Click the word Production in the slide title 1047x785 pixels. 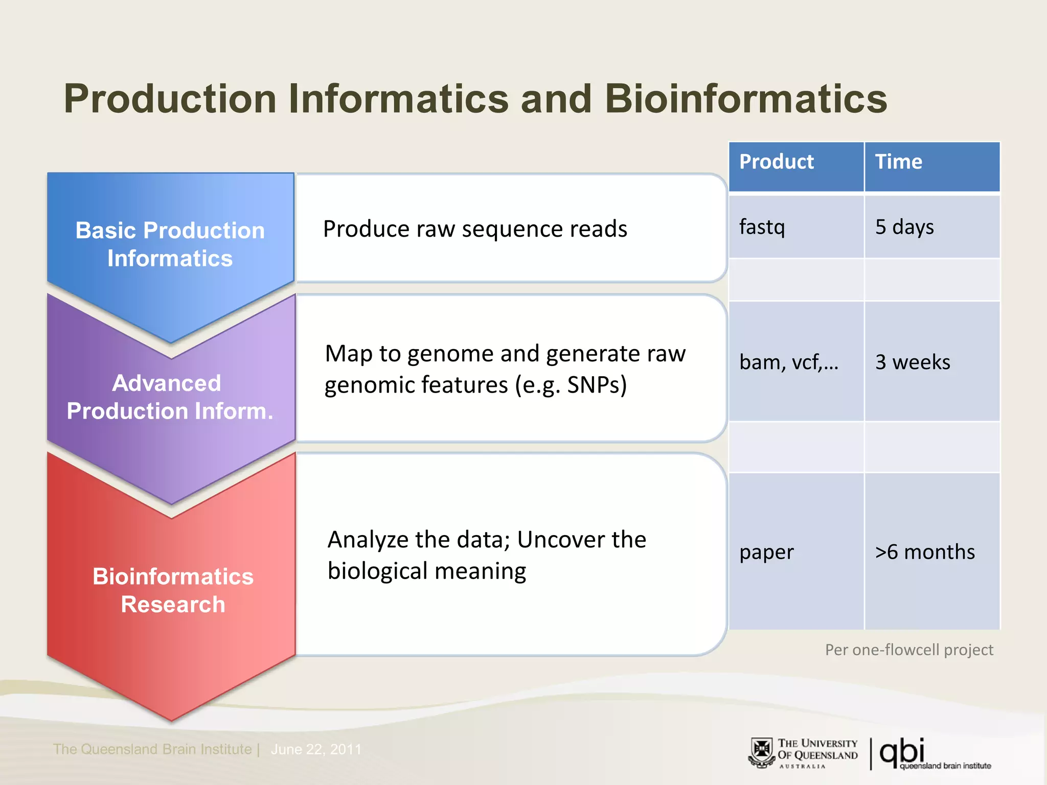(170, 99)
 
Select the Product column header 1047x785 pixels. (776, 162)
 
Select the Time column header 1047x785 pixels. (898, 162)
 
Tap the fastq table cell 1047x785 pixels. (762, 227)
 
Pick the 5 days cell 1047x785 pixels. (904, 227)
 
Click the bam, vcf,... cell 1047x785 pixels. (788, 362)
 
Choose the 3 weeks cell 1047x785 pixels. (912, 362)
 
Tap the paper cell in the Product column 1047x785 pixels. (766, 552)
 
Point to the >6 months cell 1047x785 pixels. (924, 552)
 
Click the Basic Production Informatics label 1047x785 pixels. (170, 244)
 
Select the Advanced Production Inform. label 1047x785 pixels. (170, 397)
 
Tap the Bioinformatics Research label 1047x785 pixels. (173, 590)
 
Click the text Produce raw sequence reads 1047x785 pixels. (474, 229)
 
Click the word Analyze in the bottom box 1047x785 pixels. (368, 540)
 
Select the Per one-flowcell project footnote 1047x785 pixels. (908, 650)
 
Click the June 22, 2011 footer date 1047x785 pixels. (315, 749)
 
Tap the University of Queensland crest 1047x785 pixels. (762, 753)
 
